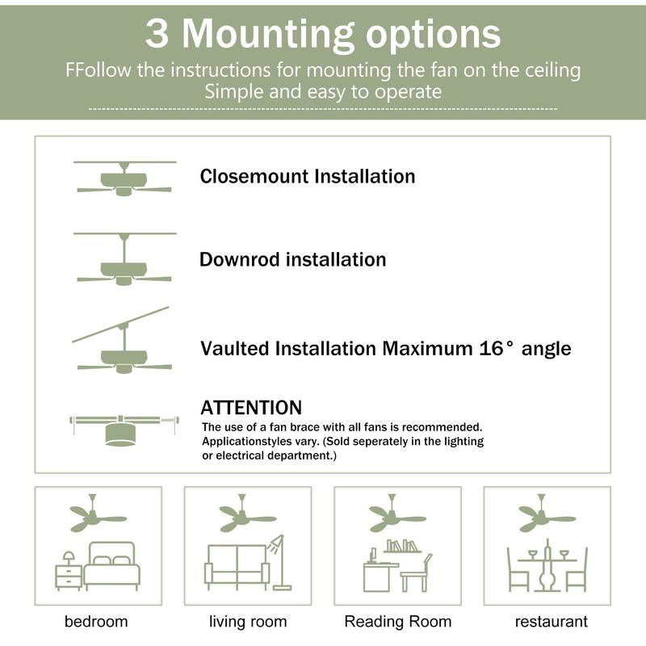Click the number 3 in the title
158,34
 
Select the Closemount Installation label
307,176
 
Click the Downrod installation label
292,260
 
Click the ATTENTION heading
250,408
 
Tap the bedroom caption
96,622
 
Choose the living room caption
248,622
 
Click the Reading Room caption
397,622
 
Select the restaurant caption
552,622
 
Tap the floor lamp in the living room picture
278,561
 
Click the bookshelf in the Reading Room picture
402,547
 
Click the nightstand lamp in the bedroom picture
69,558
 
